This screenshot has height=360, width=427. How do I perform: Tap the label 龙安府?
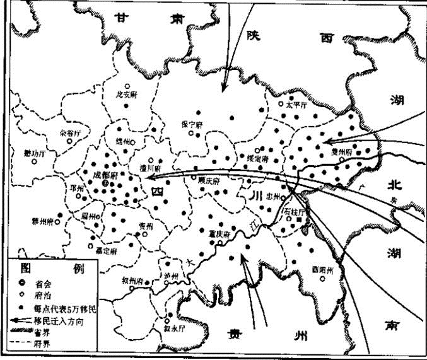click(126, 95)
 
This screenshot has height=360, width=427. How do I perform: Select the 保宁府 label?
click(191, 124)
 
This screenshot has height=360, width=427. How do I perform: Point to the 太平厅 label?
click(295, 105)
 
